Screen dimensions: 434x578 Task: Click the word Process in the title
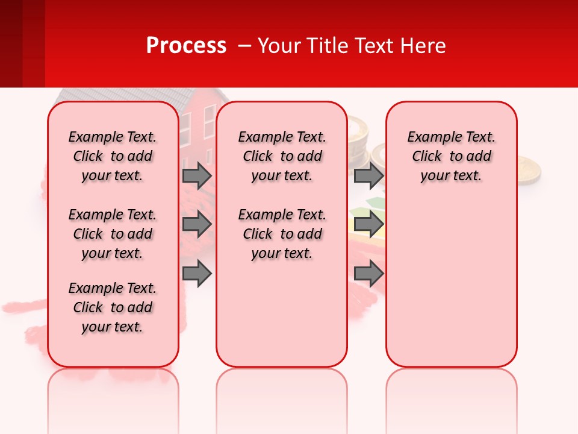(186, 46)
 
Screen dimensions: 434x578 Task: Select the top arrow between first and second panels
(197, 176)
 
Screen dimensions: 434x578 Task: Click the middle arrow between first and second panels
(197, 225)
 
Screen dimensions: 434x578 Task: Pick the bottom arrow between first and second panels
(197, 274)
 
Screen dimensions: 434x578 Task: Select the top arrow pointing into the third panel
(368, 176)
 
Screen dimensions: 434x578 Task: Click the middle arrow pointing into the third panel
(368, 225)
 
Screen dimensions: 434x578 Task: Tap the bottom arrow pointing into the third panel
(368, 274)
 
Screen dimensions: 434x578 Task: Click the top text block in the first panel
(113, 156)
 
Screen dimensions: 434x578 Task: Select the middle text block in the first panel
(113, 234)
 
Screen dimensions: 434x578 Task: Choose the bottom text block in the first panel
(113, 307)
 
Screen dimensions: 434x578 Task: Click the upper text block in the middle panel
(282, 156)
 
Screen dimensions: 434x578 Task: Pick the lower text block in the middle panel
(282, 234)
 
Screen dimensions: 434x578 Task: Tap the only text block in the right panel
(451, 156)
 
